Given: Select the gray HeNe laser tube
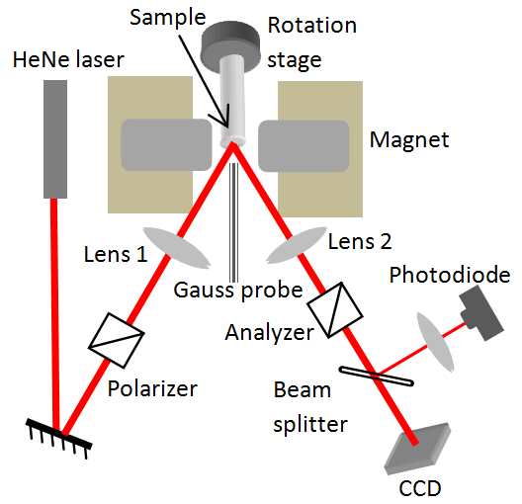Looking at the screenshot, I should (x=54, y=138).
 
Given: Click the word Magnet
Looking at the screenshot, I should (x=409, y=140).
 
